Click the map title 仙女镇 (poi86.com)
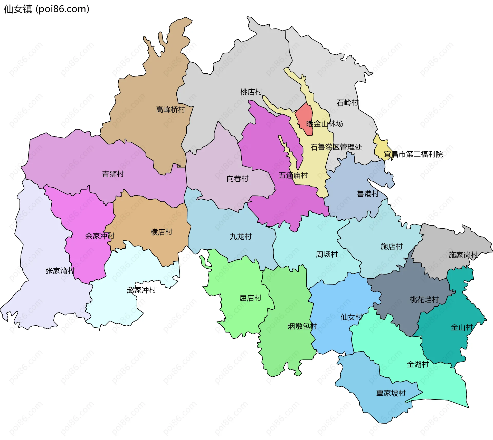click(x=46, y=9)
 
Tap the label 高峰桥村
click(x=170, y=110)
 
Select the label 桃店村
click(x=251, y=92)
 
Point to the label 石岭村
click(x=347, y=103)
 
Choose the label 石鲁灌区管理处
click(x=336, y=147)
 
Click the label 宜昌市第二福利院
click(x=413, y=154)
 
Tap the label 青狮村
click(x=113, y=174)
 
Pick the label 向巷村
click(x=238, y=179)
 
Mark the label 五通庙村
click(x=293, y=175)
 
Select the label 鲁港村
click(x=368, y=194)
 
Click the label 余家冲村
click(x=100, y=236)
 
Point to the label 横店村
click(x=161, y=232)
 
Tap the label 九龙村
click(x=241, y=237)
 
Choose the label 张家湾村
click(x=60, y=271)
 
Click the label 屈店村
click(x=250, y=298)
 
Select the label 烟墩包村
click(x=302, y=326)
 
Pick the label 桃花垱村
click(x=424, y=299)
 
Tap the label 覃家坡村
click(x=391, y=393)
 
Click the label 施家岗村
click(x=463, y=255)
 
